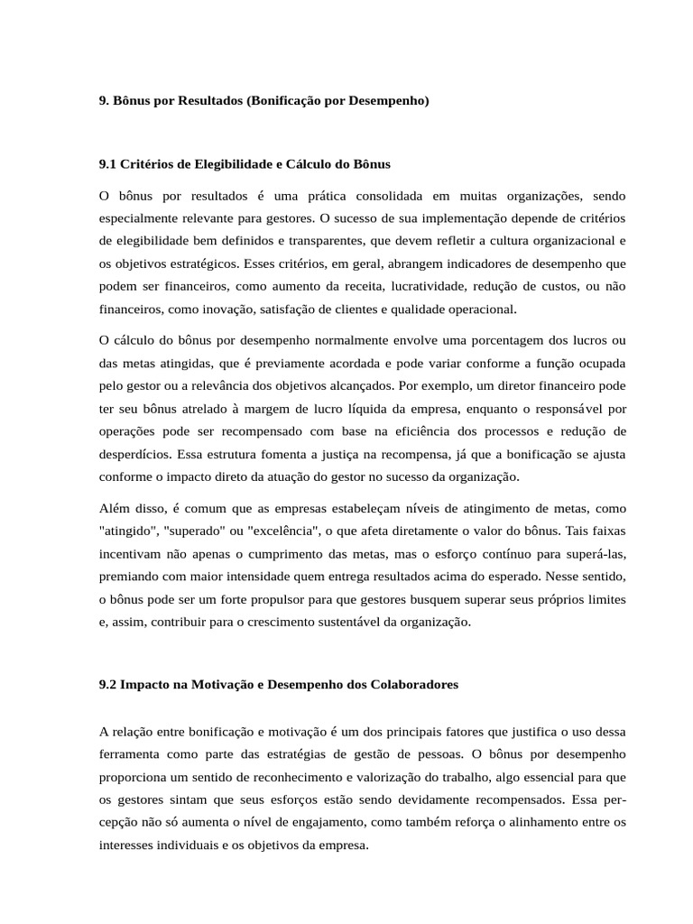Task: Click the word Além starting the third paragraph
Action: [115, 508]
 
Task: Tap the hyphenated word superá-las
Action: [595, 553]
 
